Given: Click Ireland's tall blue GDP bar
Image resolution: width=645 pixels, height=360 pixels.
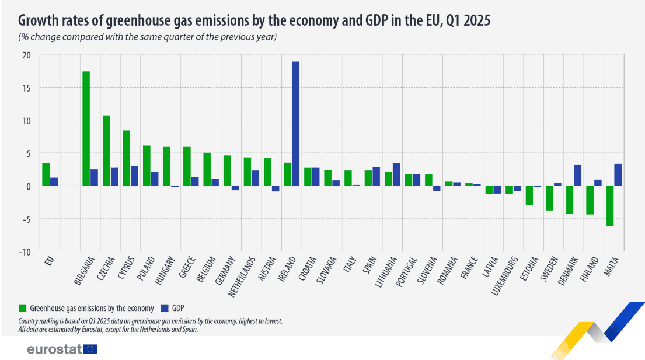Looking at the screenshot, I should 296,124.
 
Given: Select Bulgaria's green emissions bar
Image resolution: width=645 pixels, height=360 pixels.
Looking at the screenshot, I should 86,128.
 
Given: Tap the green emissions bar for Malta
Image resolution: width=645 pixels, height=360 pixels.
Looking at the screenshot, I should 610,206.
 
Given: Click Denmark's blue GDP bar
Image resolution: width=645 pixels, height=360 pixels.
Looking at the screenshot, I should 578,175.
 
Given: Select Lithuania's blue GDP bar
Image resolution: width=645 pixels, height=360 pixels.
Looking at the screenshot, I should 396,174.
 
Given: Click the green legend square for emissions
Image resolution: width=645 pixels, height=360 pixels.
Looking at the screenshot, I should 23,307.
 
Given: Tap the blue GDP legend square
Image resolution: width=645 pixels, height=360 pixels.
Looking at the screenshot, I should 164,307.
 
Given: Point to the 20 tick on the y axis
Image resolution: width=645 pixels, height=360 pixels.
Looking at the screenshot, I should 26,55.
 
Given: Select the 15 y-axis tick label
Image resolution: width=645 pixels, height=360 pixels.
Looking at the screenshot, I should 26,88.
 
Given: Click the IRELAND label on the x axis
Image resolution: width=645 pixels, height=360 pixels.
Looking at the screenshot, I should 288,270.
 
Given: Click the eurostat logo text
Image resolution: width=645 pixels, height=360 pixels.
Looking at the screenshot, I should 54,349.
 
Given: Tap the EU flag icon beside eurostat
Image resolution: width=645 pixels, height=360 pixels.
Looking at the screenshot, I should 90,349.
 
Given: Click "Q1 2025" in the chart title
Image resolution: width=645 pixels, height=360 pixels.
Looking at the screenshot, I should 468,21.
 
